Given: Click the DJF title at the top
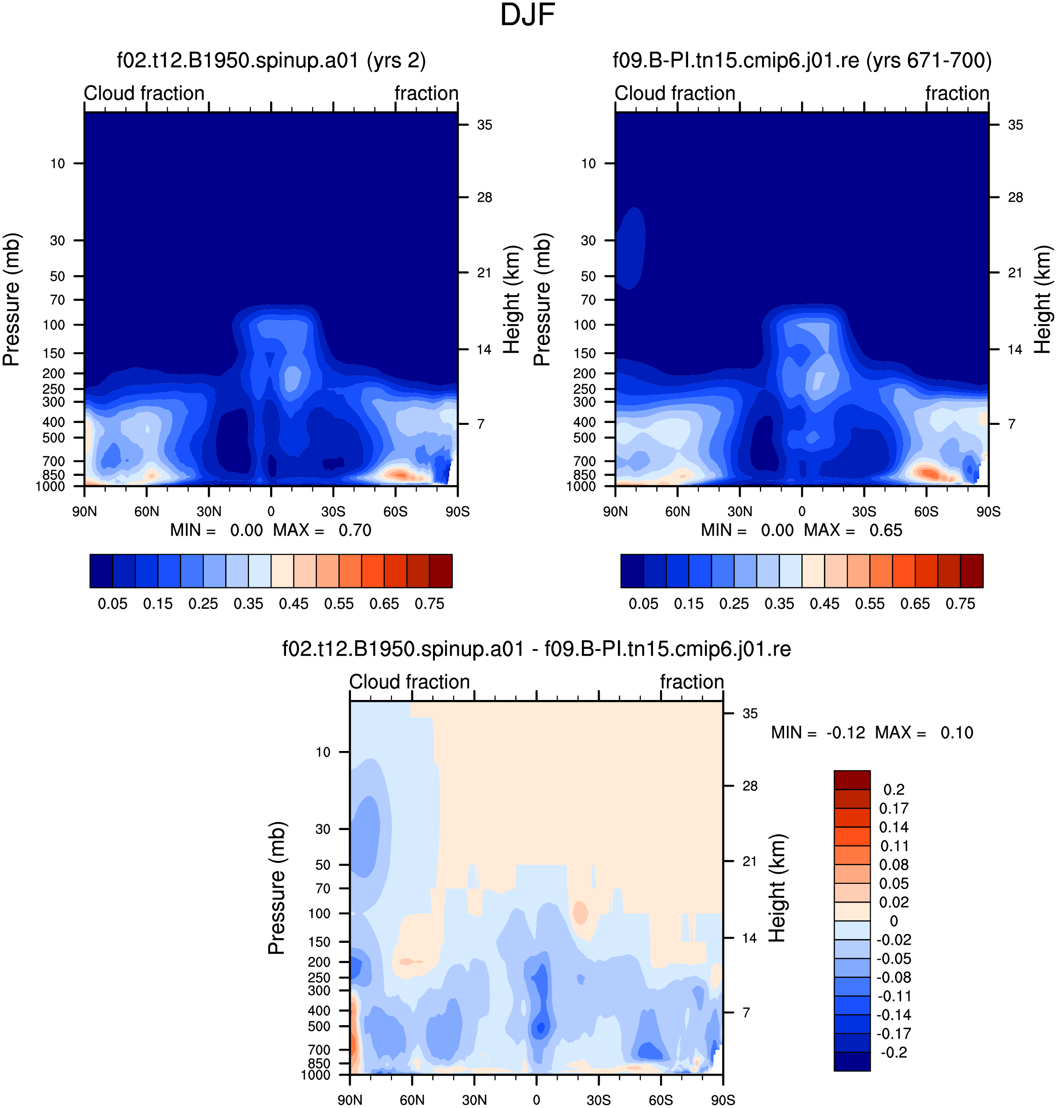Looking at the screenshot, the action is (x=528, y=15).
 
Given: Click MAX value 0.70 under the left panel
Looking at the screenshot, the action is (x=355, y=531).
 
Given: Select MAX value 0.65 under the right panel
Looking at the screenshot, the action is (x=886, y=531).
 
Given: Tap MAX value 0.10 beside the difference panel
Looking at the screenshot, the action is (x=957, y=733).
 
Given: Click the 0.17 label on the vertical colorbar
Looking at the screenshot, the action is (x=894, y=809).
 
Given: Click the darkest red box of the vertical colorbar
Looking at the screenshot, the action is (x=852, y=780).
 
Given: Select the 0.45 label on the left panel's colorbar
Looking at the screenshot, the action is (x=294, y=604).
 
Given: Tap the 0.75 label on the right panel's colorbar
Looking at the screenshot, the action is (x=960, y=604).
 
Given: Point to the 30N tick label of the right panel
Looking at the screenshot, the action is (x=740, y=511).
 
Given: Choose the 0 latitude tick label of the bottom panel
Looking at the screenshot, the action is (x=536, y=1100).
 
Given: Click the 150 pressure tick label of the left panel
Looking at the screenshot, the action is (x=54, y=353).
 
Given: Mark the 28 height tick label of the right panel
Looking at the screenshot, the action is (x=1015, y=197).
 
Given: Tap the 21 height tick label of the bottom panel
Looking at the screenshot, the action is (x=749, y=861).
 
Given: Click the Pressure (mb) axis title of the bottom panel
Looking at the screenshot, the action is (x=277, y=888).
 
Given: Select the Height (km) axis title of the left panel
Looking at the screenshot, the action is (x=511, y=299).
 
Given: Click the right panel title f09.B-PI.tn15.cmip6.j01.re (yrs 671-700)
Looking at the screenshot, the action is (x=802, y=60).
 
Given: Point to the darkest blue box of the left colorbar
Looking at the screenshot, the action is (x=102, y=571).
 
